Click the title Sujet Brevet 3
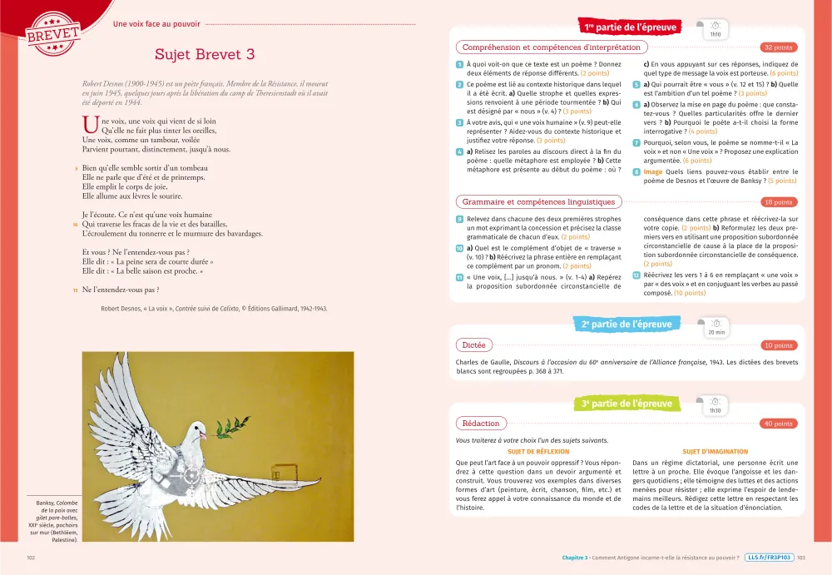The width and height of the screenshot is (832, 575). click(205, 54)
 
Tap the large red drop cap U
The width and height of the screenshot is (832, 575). click(91, 125)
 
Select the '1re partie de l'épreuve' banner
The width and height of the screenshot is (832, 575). click(630, 27)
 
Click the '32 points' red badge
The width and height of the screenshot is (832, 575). click(778, 47)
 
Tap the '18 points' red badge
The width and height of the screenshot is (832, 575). click(778, 202)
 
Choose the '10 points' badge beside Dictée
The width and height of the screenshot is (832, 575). click(778, 345)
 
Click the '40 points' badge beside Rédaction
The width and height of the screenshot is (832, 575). click(778, 424)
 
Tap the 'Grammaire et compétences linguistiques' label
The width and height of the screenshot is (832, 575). click(538, 202)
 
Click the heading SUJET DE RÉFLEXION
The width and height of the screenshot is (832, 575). click(538, 452)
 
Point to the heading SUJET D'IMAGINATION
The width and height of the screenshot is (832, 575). click(715, 452)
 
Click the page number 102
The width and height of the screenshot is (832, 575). click(31, 558)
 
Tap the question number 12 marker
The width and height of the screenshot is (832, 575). click(636, 275)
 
